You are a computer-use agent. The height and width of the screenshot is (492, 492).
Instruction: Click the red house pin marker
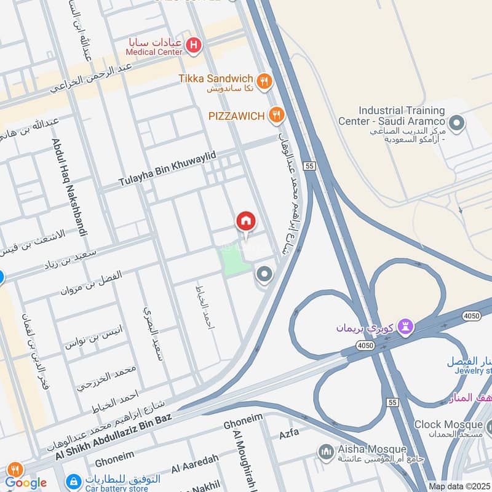tap(245, 222)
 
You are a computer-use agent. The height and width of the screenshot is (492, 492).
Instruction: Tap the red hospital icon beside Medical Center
tap(194, 44)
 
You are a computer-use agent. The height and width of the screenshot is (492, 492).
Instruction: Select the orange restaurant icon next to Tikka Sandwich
tap(264, 79)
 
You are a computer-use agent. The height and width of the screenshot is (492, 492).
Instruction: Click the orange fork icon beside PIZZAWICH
tap(277, 114)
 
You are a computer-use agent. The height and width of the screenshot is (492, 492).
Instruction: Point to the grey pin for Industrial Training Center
tap(456, 124)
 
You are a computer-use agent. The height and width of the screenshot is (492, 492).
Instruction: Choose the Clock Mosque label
tap(448, 424)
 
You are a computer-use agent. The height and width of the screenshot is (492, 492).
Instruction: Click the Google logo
tap(26, 482)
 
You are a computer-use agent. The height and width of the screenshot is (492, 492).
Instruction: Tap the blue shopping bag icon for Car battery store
tap(73, 480)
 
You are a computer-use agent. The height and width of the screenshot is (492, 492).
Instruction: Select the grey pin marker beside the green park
tap(264, 274)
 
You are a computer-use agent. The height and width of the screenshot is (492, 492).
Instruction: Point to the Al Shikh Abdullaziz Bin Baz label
tap(112, 437)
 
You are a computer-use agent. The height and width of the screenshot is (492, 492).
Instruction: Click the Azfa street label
tap(289, 433)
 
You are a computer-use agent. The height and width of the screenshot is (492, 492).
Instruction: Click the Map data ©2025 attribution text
tap(459, 486)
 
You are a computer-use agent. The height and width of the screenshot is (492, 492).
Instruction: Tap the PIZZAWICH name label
tap(236, 115)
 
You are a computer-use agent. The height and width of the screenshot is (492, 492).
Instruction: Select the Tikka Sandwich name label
tap(216, 79)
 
